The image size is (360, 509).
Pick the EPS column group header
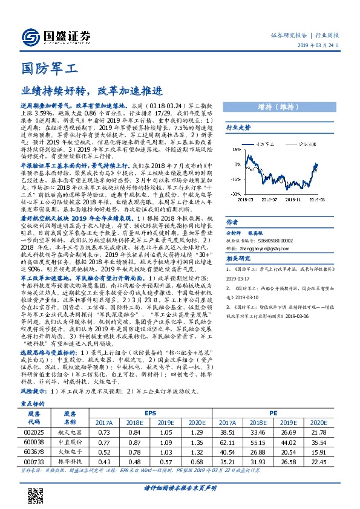click(149, 413)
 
